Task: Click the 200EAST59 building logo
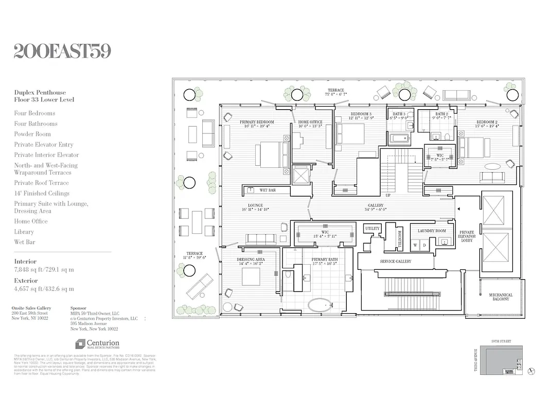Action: tap(62, 51)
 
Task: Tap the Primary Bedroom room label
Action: tap(257, 122)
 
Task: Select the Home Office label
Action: tap(310, 122)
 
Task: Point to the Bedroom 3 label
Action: tap(361, 114)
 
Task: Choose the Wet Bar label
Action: tap(267, 190)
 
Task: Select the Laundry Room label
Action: tap(432, 231)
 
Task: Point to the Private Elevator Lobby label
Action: tap(467, 236)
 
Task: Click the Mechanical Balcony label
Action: tap(501, 297)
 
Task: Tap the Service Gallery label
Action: tap(396, 261)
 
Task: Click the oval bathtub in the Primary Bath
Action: tap(321, 305)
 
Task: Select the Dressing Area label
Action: tap(251, 259)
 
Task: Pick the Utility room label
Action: tap(372, 228)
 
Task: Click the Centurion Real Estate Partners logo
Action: tap(97, 344)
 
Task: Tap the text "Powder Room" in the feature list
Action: tap(32, 134)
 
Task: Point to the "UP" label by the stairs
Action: tap(388, 195)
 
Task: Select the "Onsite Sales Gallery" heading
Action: tap(31, 308)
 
